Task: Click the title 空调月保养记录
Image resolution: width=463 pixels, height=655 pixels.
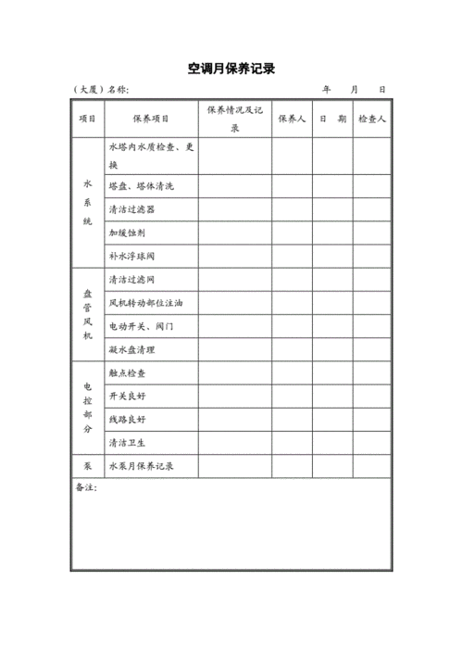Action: click(x=231, y=69)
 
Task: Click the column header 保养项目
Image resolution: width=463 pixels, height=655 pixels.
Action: click(x=151, y=119)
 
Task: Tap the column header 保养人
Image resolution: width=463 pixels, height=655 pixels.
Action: click(x=291, y=119)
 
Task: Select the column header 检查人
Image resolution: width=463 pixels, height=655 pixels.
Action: click(x=370, y=119)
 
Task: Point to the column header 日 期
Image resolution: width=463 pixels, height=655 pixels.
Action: click(x=332, y=119)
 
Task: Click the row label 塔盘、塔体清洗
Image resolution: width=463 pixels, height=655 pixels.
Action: click(x=140, y=186)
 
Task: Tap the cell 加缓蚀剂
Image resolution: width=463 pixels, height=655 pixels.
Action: click(x=127, y=233)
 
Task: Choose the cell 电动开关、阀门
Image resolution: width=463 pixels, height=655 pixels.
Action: click(x=141, y=326)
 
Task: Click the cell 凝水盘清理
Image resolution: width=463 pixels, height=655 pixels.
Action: click(x=131, y=350)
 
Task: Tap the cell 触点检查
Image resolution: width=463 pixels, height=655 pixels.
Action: click(x=127, y=373)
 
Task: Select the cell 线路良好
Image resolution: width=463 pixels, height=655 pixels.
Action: click(x=127, y=420)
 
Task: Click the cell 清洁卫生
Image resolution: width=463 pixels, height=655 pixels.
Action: click(x=127, y=443)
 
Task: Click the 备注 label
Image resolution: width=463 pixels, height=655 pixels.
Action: click(x=86, y=486)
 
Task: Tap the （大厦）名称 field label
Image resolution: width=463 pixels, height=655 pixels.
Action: click(x=101, y=90)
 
